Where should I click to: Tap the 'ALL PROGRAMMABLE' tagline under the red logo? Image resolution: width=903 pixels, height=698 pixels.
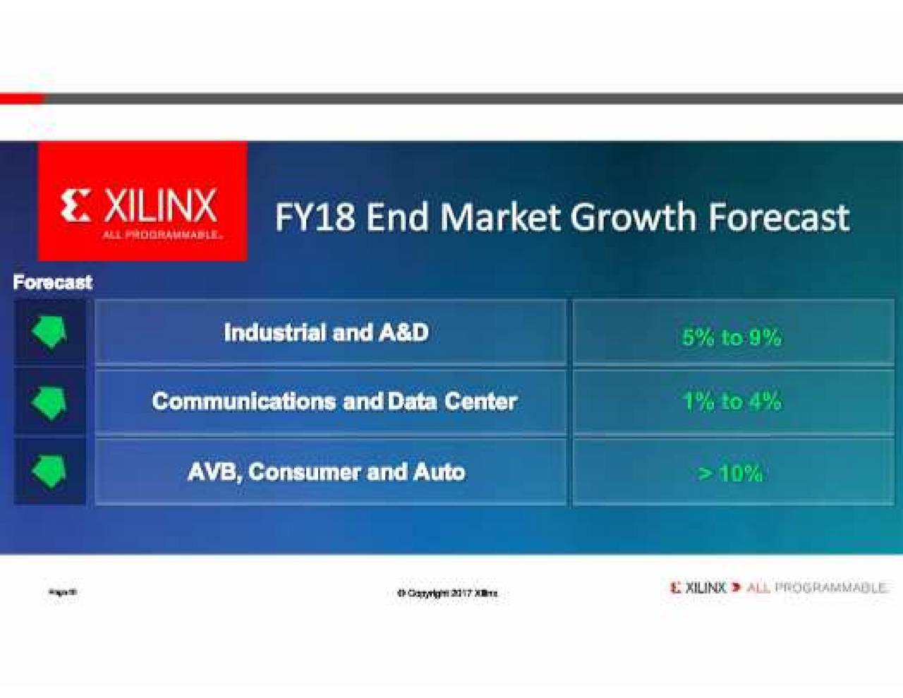[x=162, y=235]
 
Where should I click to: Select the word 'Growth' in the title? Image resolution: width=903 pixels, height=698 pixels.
[x=633, y=217]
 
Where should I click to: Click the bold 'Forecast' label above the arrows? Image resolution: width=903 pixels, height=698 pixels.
[x=53, y=282]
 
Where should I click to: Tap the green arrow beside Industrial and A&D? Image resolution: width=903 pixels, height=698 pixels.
[x=49, y=332]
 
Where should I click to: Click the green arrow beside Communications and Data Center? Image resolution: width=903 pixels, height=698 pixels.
[x=49, y=402]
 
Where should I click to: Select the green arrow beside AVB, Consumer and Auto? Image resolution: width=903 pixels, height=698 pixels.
[x=49, y=471]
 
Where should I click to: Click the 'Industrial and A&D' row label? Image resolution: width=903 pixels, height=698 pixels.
[x=326, y=332]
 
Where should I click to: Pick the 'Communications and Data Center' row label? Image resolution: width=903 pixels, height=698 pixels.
[x=334, y=402]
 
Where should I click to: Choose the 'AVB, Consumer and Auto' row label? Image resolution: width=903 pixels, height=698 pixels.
[x=326, y=471]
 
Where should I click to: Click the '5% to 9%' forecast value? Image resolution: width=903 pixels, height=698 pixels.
[x=732, y=337]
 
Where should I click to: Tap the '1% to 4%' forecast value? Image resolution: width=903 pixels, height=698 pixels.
[x=732, y=402]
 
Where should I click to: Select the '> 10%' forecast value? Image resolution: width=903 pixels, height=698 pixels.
[x=730, y=473]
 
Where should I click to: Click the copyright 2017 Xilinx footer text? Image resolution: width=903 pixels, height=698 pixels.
[x=447, y=593]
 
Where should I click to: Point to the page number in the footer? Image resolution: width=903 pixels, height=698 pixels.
[x=63, y=592]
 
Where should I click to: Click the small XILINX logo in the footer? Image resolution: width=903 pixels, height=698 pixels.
[x=698, y=587]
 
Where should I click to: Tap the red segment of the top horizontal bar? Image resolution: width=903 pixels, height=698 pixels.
[x=21, y=99]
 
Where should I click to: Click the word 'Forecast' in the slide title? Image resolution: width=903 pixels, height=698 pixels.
[x=779, y=217]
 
